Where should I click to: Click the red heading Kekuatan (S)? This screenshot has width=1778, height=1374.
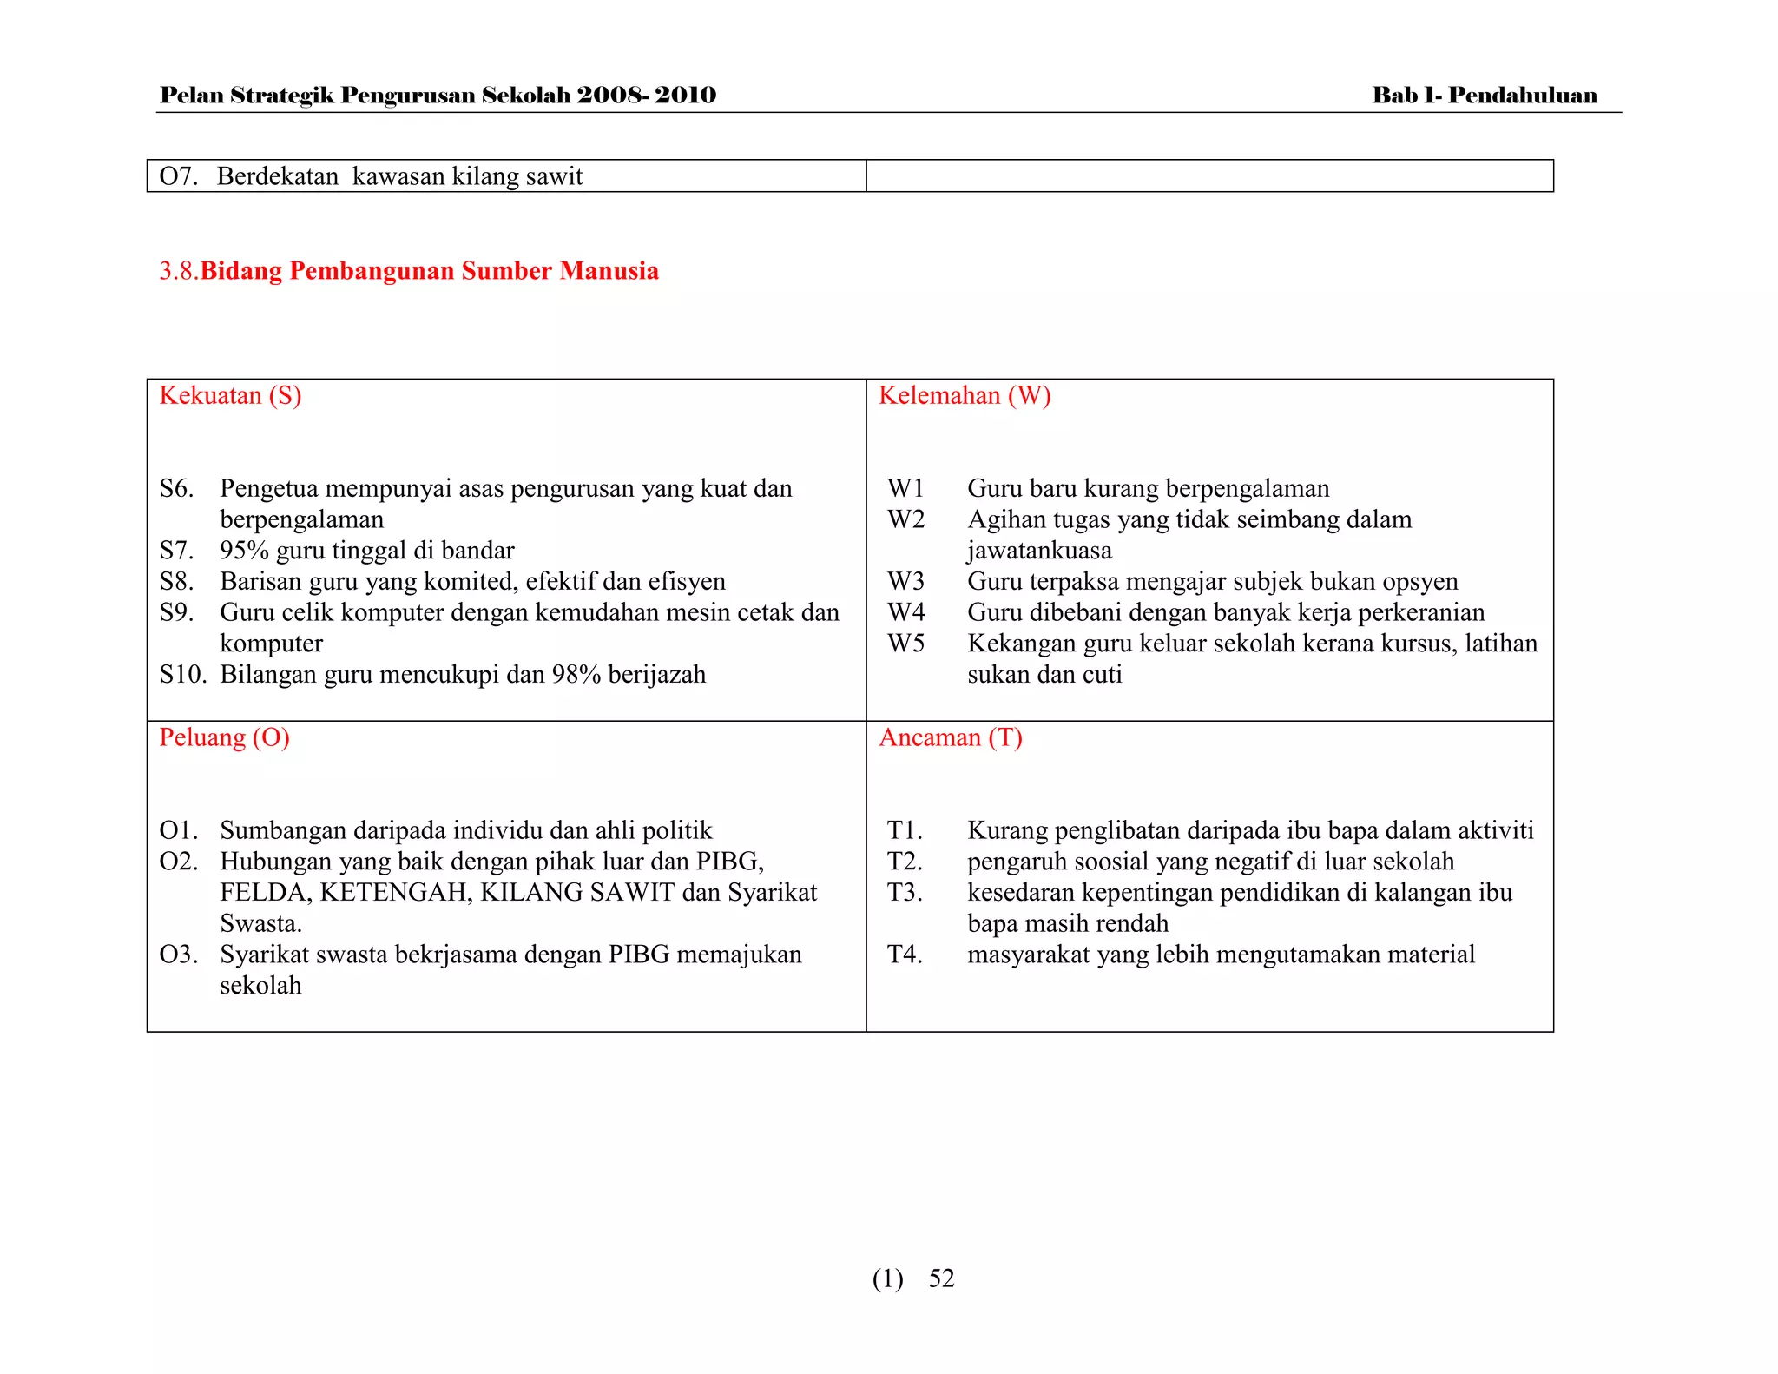230,396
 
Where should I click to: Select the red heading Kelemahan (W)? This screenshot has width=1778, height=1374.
964,396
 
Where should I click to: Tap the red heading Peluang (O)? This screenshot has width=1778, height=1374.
224,737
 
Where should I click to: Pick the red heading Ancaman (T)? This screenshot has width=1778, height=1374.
950,737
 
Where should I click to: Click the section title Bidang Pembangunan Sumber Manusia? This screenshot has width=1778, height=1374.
429,271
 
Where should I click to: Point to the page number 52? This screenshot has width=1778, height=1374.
941,1278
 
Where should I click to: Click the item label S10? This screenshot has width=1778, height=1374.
181,675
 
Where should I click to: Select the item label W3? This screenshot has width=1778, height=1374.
905,581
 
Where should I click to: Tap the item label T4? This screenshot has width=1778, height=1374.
904,955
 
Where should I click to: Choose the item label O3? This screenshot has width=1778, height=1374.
178,955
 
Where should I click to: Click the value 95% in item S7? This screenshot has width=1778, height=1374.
244,551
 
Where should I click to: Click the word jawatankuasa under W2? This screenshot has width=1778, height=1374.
1039,551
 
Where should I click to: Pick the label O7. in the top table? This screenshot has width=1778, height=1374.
178,176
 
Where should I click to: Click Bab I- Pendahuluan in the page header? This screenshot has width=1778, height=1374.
1484,96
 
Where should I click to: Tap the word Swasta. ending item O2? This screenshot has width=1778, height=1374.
260,923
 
